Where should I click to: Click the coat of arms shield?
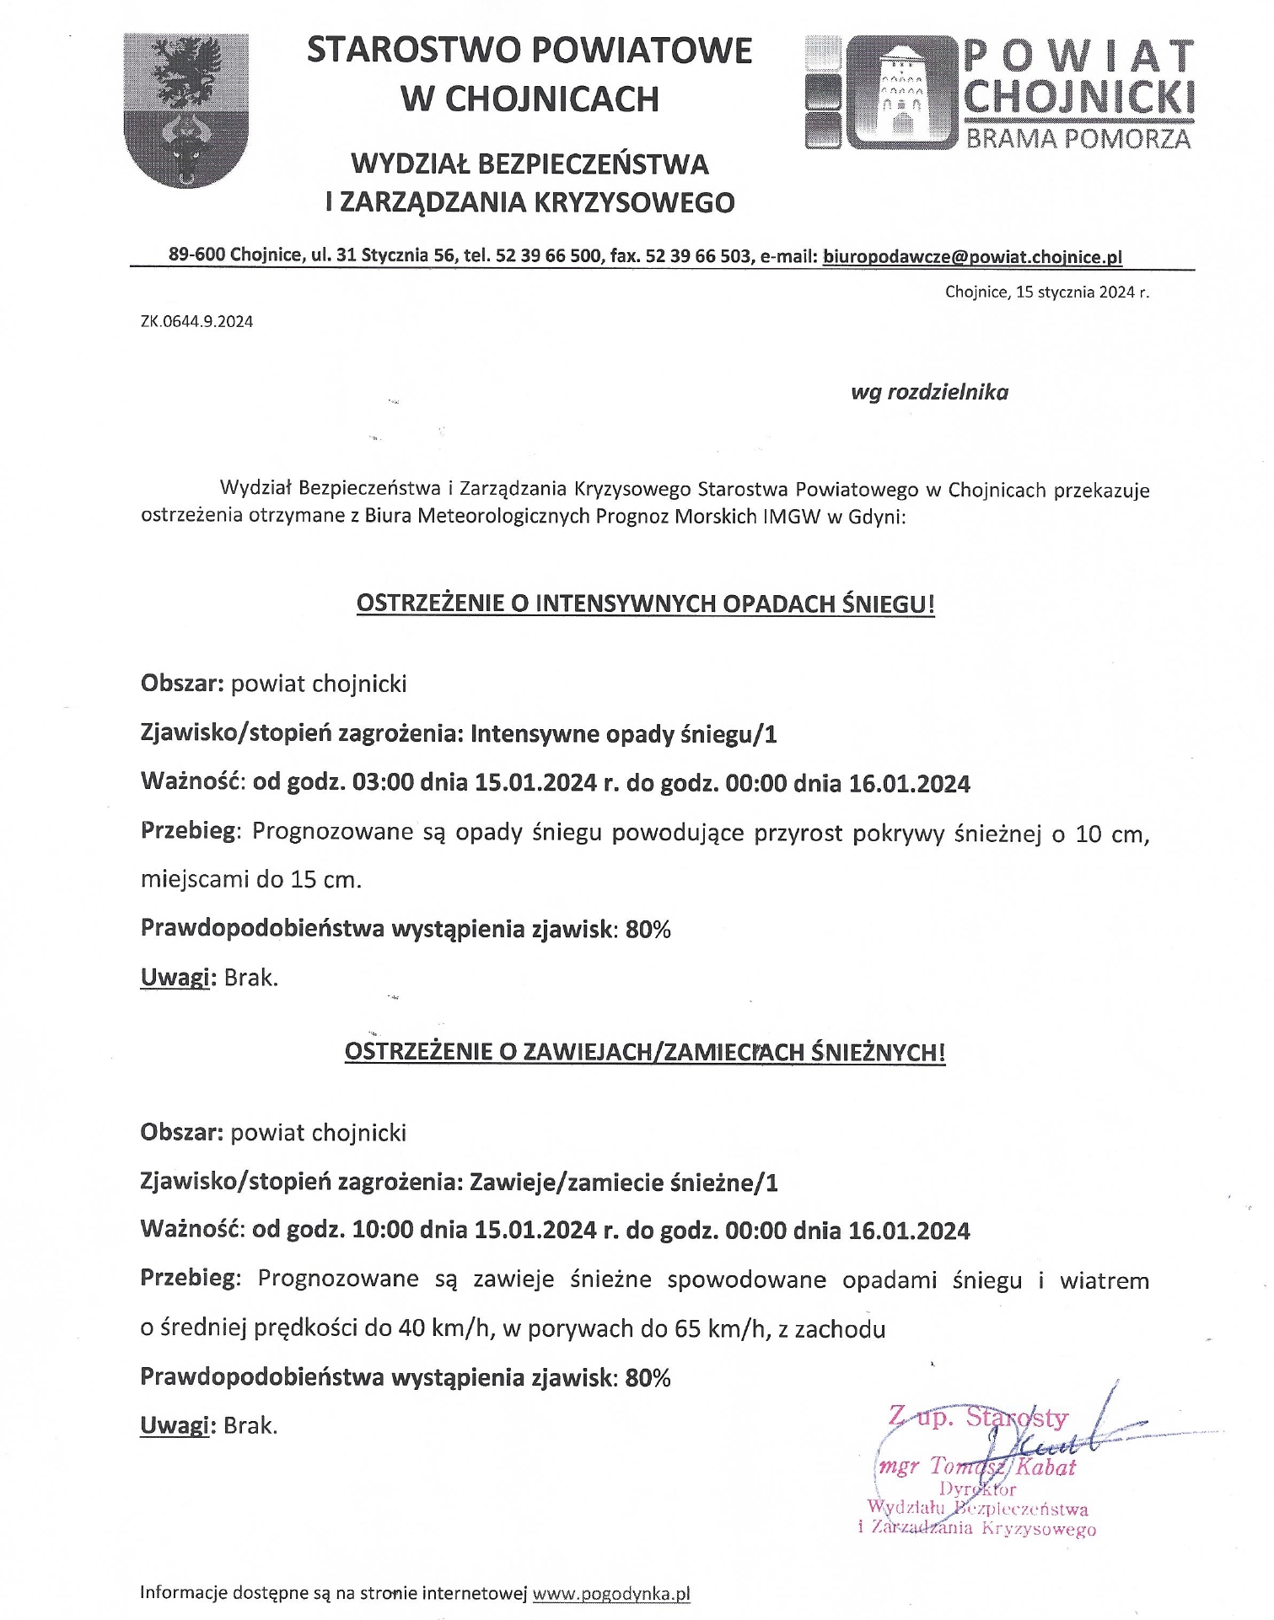click(185, 110)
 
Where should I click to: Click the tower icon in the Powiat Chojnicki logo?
click(901, 93)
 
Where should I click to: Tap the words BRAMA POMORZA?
click(1078, 138)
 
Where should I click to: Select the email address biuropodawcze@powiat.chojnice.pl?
click(972, 256)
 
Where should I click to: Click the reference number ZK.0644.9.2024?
click(196, 321)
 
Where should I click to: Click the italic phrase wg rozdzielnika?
click(929, 392)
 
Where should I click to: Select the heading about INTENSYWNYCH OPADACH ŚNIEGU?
click(645, 603)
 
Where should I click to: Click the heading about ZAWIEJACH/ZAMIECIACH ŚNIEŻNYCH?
click(645, 1052)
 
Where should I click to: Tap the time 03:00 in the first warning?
click(383, 783)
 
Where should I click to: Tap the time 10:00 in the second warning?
click(383, 1231)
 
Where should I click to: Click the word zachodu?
click(840, 1329)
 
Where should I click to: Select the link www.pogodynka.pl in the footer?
click(611, 1593)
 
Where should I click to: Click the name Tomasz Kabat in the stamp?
click(1003, 1467)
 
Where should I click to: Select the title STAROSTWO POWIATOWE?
click(529, 51)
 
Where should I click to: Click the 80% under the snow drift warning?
click(648, 1377)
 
